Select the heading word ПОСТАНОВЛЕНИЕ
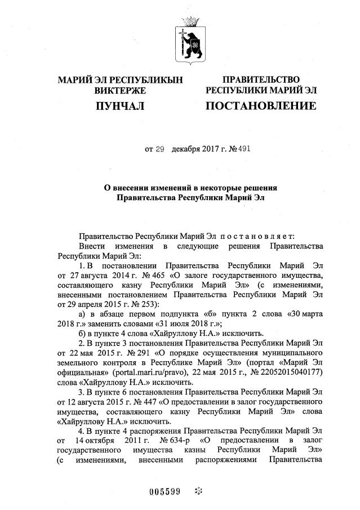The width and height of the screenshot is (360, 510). pos(261,105)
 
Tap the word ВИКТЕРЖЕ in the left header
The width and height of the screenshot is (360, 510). pos(120,90)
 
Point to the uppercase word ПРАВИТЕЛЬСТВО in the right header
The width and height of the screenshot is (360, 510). pos(261,79)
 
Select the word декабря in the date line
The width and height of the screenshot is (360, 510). pos(188,149)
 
